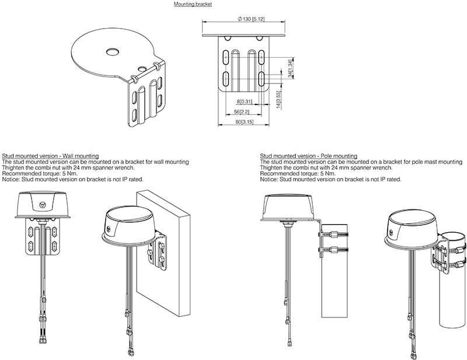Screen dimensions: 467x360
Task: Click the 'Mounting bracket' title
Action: (x=193, y=4)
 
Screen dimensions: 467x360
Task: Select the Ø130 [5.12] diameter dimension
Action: (x=251, y=19)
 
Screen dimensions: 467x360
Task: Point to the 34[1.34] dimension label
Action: (x=290, y=68)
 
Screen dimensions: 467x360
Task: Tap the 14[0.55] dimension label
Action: (x=278, y=100)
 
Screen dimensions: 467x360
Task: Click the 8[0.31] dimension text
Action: (x=244, y=102)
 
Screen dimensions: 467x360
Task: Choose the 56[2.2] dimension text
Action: (x=242, y=112)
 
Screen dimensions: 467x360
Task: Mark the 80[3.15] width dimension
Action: (x=245, y=122)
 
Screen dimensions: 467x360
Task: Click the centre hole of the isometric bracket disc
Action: (x=113, y=52)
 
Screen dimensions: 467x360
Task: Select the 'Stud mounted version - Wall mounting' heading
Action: (x=50, y=156)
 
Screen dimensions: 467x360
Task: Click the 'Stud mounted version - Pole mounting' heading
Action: (x=309, y=156)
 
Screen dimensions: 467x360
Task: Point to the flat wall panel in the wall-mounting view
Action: (x=163, y=254)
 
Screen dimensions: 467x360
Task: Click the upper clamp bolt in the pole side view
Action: (x=334, y=234)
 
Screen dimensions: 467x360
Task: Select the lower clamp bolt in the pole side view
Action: (x=334, y=249)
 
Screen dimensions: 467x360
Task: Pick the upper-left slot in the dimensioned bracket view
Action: (x=226, y=57)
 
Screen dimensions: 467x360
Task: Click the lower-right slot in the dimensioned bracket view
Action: (x=262, y=79)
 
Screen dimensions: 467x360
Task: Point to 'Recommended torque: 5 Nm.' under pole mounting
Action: (x=298, y=174)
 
